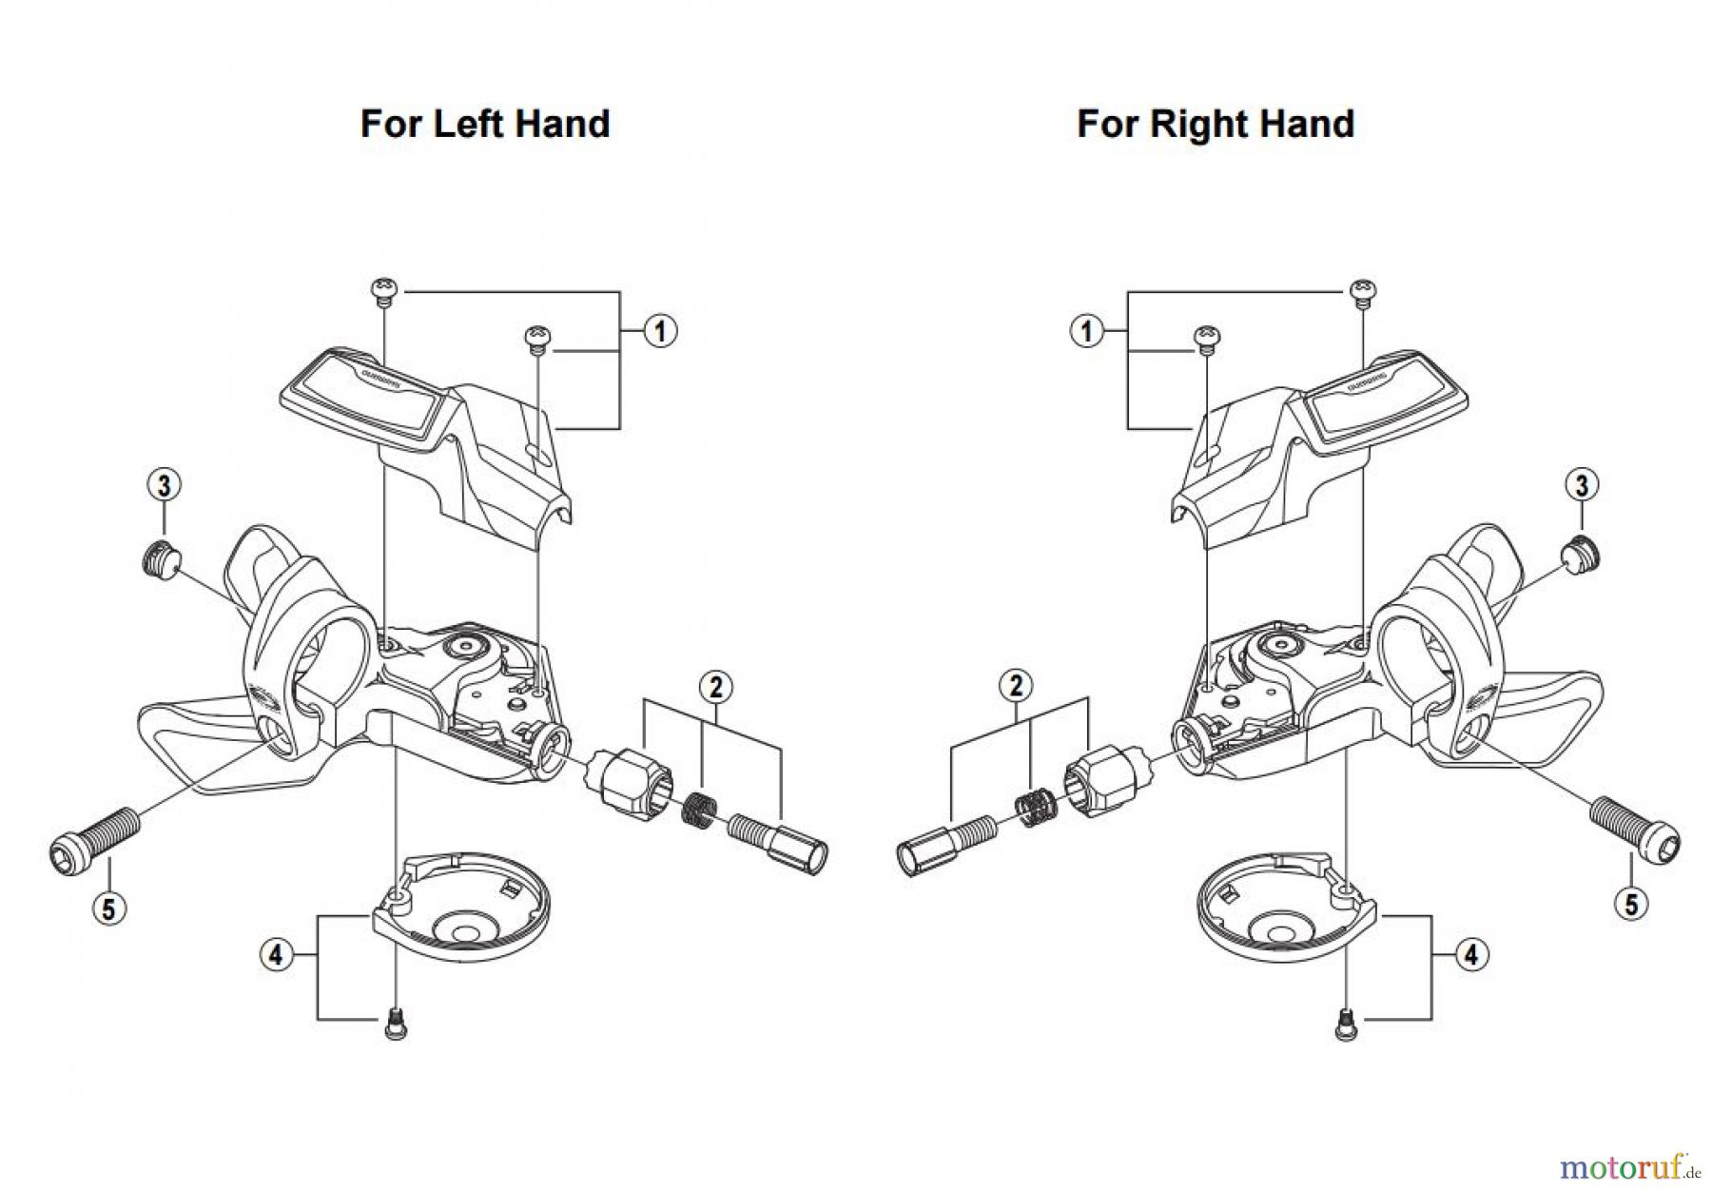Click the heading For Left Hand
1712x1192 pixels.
pos(485,125)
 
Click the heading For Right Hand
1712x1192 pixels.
pos(1215,125)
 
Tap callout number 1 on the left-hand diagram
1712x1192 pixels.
pos(659,331)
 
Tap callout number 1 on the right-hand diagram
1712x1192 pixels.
pos(1087,331)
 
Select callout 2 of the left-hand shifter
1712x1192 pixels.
pos(715,686)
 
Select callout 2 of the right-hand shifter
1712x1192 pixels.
pos(1017,685)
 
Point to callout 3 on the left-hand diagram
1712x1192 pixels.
pos(165,485)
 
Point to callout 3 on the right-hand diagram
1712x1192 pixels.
pos(1581,485)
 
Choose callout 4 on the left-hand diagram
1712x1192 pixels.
pos(276,954)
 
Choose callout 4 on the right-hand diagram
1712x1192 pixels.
pos(1471,954)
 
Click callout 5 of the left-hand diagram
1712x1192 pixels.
pos(108,909)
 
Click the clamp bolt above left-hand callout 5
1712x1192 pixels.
pos(93,835)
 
